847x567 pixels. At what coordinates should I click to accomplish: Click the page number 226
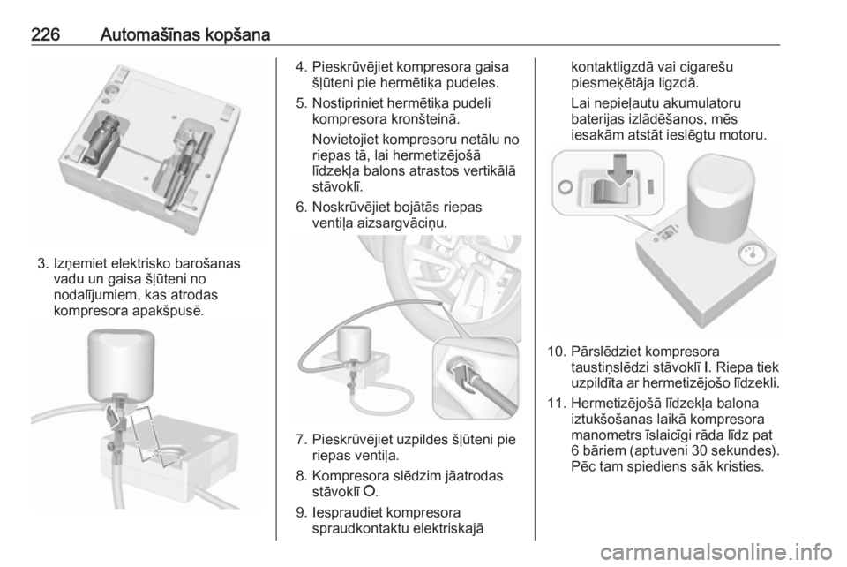pyautogui.click(x=45, y=34)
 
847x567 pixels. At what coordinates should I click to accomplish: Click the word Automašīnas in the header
pyautogui.click(x=148, y=34)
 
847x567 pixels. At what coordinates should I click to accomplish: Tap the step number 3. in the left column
pyautogui.click(x=43, y=264)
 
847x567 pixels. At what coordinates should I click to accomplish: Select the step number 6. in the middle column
pyautogui.click(x=302, y=207)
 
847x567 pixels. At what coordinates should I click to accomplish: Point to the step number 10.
pyautogui.click(x=556, y=352)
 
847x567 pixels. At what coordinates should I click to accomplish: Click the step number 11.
pyautogui.click(x=556, y=404)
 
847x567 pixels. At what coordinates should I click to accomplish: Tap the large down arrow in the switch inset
pyautogui.click(x=620, y=170)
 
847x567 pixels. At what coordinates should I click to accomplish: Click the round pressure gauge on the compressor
pyautogui.click(x=749, y=254)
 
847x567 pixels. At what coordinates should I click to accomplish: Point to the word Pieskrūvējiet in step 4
pyautogui.click(x=352, y=67)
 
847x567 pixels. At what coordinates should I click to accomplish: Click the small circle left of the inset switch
pyautogui.click(x=565, y=187)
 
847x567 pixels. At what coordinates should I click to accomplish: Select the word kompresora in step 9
pyautogui.click(x=424, y=512)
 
